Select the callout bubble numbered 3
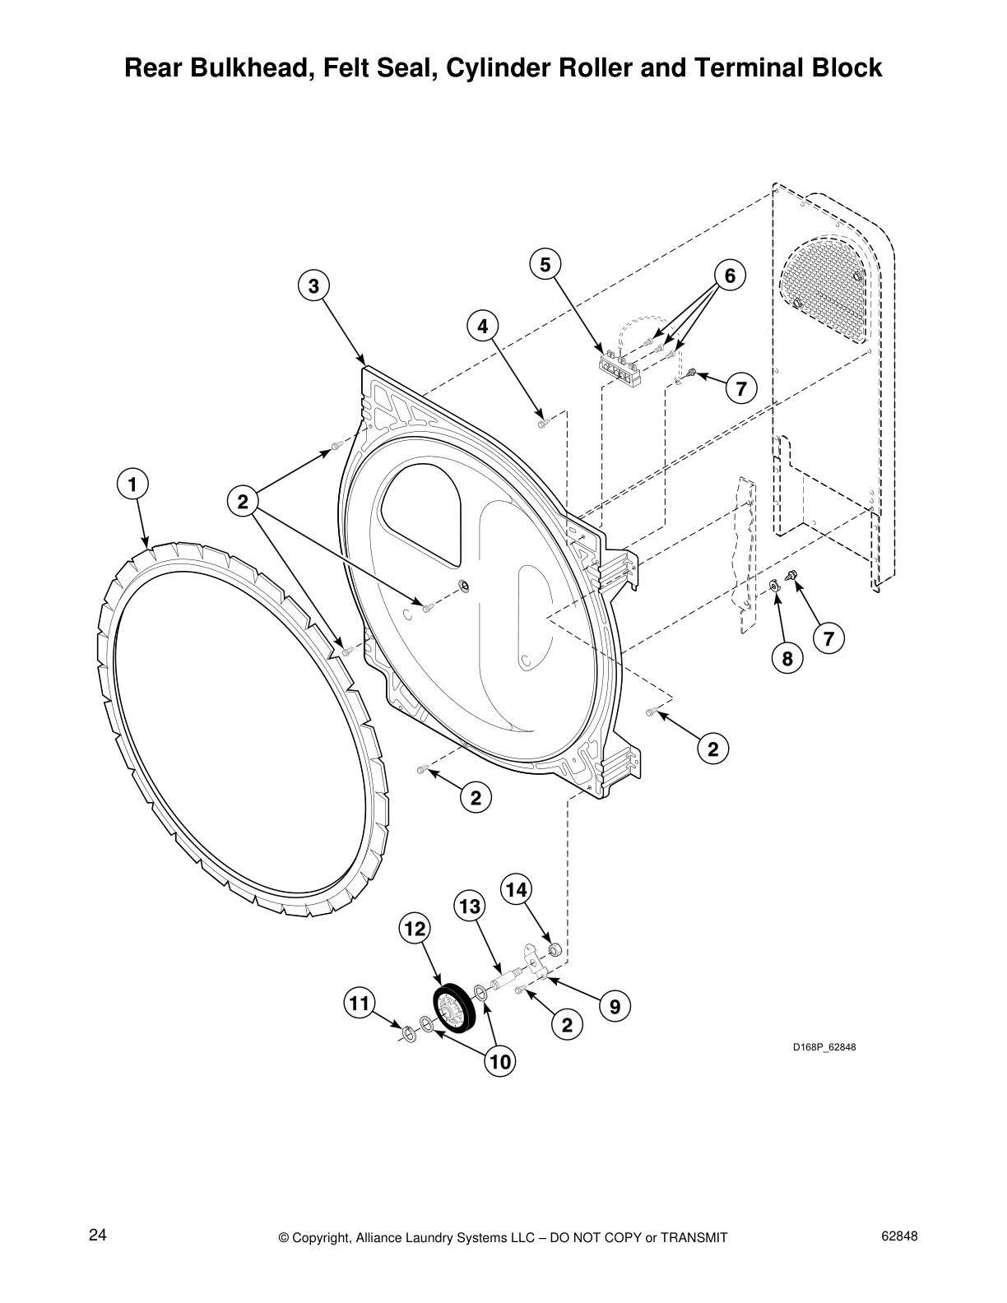(x=313, y=286)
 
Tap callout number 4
(x=483, y=326)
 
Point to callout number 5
(x=545, y=264)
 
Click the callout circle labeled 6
(x=729, y=275)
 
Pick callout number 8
(x=787, y=658)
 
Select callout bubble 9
(x=615, y=1005)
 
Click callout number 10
(x=499, y=1062)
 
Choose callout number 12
(x=415, y=930)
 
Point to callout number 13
(x=470, y=907)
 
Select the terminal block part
(x=620, y=365)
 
